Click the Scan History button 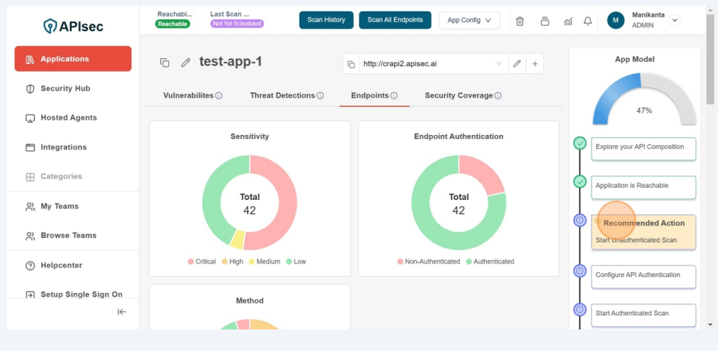326,20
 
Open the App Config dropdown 469,21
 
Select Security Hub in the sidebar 65,88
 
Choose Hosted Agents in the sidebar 69,117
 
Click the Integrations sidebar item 63,147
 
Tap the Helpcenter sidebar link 61,265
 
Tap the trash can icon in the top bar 520,21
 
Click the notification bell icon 588,21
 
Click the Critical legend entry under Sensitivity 202,262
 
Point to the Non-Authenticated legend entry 428,262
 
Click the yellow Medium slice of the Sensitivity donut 237,239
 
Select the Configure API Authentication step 643,276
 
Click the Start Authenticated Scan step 643,314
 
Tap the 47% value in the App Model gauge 644,111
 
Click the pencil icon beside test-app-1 185,63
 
